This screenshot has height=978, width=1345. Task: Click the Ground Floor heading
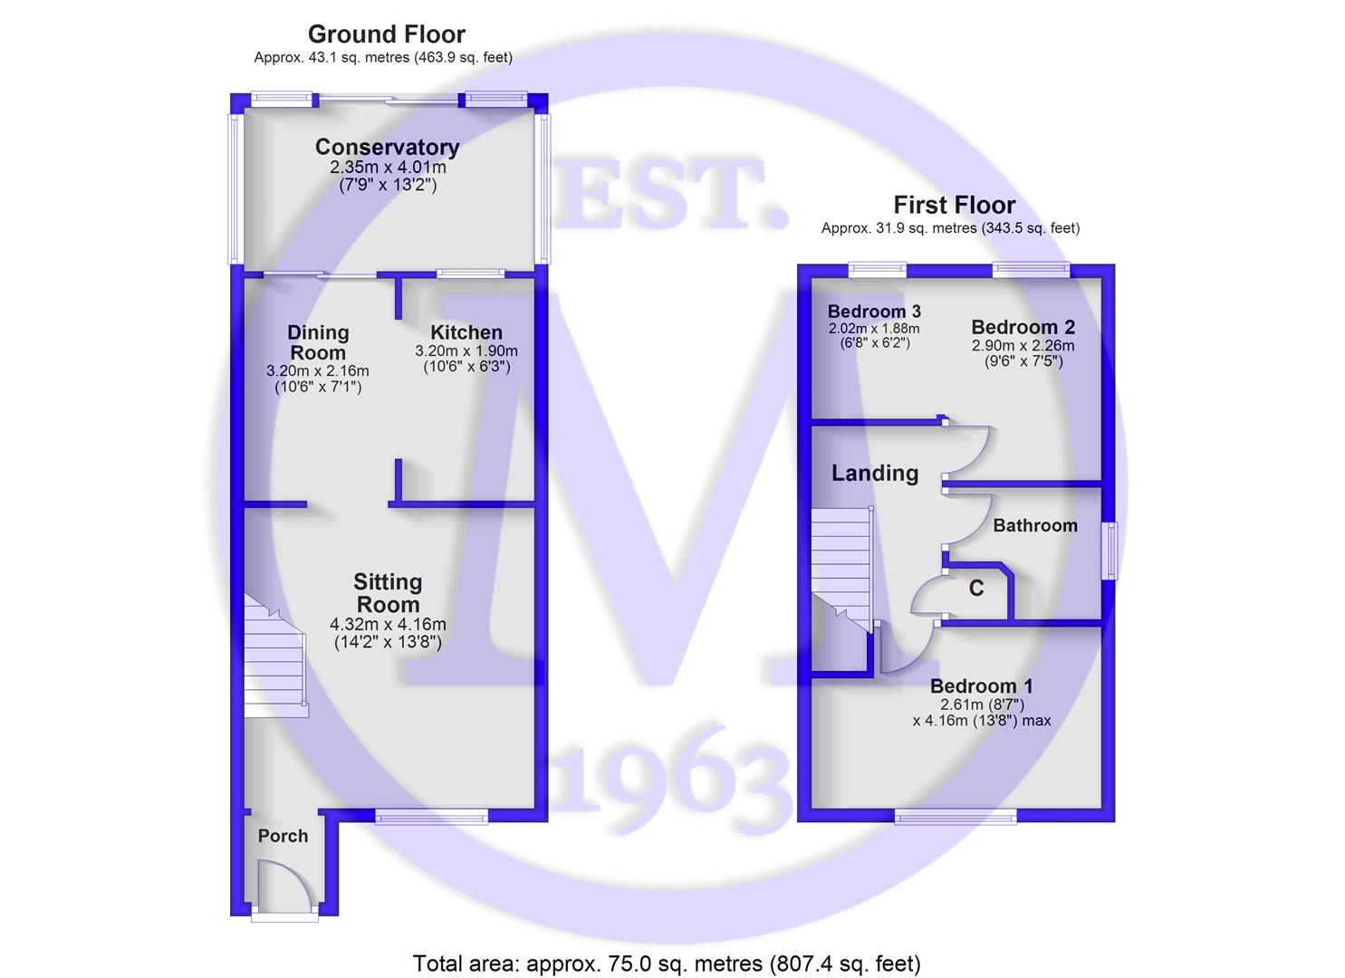(387, 34)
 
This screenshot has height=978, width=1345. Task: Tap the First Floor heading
(954, 205)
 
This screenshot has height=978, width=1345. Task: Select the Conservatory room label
(388, 147)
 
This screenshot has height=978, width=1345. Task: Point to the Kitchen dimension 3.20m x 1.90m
(466, 350)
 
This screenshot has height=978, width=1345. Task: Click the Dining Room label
(318, 342)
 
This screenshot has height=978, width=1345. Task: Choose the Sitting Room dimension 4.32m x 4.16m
(388, 625)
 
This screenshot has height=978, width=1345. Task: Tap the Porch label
(283, 836)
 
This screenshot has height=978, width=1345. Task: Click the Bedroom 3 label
(874, 311)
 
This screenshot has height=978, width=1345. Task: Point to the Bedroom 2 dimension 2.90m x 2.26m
(1023, 345)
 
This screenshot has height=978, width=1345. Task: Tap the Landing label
(875, 473)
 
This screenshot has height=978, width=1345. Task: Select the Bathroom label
(1035, 525)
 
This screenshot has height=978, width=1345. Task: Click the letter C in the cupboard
(976, 588)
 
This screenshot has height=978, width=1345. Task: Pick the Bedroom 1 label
(982, 686)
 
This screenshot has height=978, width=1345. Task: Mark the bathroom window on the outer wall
(1111, 551)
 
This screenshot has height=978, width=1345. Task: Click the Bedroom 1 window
(956, 816)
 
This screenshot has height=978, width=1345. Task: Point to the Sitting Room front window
(432, 816)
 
